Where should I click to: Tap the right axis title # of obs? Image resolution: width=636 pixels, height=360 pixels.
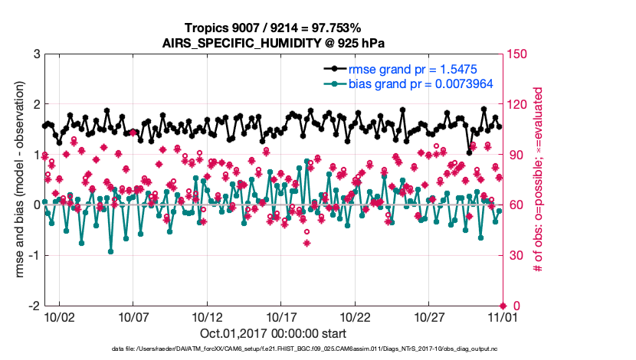[x=539, y=180]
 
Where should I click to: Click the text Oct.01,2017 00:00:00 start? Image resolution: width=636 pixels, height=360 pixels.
[x=273, y=334]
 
